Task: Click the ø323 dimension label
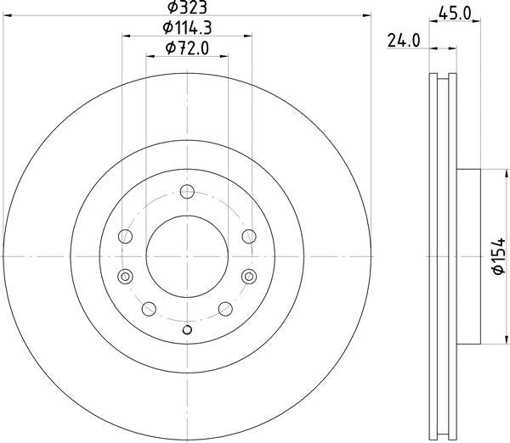coord(187,7)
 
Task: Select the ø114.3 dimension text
coord(187,28)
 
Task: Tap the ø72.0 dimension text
coord(187,48)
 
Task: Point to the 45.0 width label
coord(455,14)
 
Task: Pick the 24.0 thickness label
coord(404,41)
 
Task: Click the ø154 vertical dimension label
coord(499,256)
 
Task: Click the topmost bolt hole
coord(187,191)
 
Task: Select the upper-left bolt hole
coord(125,236)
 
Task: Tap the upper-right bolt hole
coord(249,236)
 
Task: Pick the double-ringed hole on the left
coord(125,277)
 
